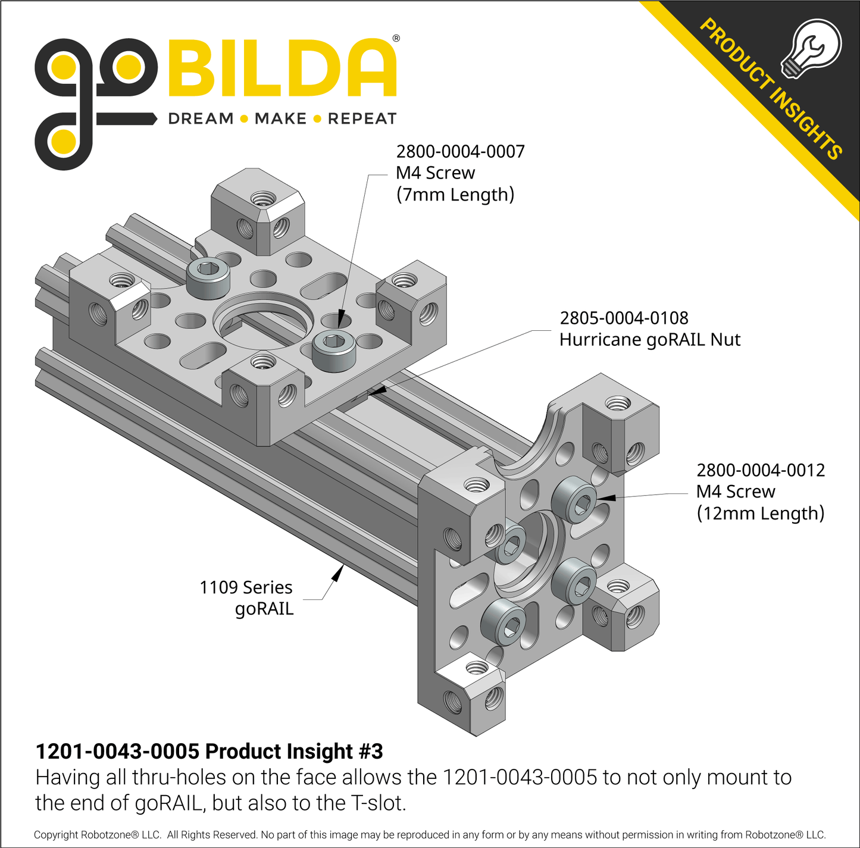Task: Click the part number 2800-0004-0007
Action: click(x=460, y=152)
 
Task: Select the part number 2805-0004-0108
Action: click(x=624, y=318)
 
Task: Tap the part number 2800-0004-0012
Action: click(x=760, y=470)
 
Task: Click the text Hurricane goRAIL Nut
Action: click(x=649, y=340)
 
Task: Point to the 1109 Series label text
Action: click(x=246, y=587)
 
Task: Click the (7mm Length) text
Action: click(x=455, y=195)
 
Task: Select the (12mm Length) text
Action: click(x=760, y=513)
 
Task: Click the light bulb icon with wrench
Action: click(x=811, y=49)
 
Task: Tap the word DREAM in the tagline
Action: click(x=201, y=119)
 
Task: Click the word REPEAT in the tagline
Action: click(x=362, y=119)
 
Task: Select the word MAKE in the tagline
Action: click(x=280, y=119)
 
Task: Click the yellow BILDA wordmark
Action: click(x=282, y=68)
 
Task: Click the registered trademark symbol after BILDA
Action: click(x=396, y=39)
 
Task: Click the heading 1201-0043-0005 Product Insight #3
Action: click(x=209, y=752)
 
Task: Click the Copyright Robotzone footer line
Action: click(x=429, y=835)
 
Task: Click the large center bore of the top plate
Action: click(x=263, y=321)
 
